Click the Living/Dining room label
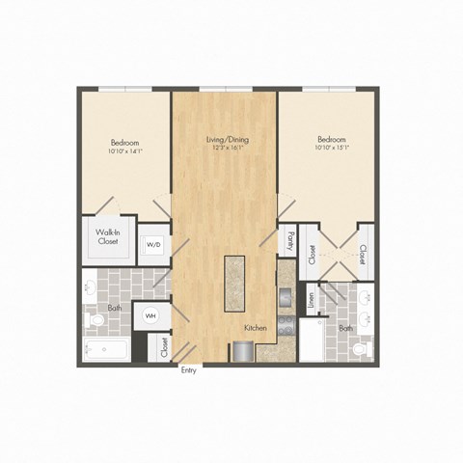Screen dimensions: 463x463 226,140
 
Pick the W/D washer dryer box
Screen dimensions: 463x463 153,245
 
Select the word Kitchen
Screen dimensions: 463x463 255,329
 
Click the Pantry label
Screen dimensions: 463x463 287,241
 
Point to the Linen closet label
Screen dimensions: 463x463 312,300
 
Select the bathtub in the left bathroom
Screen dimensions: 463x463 106,347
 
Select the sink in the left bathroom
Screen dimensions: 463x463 90,287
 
